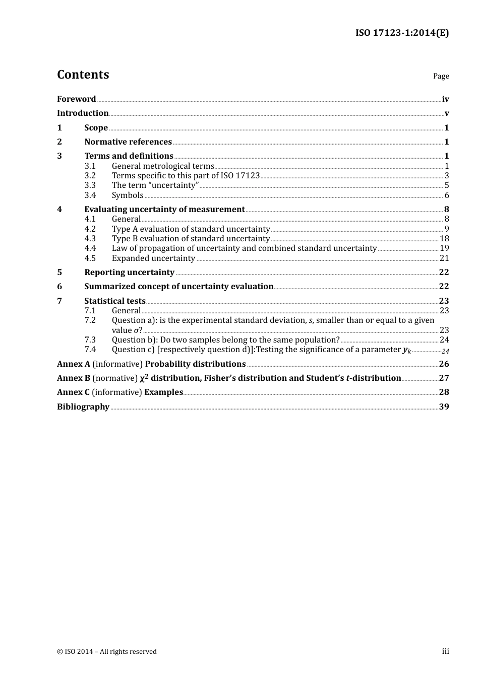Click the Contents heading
[83, 75]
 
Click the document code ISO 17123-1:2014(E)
[402, 33]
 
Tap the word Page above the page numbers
[441, 76]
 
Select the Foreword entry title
[76, 99]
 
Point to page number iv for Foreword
[445, 99]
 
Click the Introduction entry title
[83, 113]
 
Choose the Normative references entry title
[128, 142]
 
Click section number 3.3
[90, 185]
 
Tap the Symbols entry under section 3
[128, 195]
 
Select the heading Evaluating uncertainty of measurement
[164, 210]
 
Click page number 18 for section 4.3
[444, 239]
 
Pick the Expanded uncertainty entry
[153, 258]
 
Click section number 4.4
[90, 248]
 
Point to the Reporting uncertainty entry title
[129, 273]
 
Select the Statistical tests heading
[115, 301]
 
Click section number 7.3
[90, 340]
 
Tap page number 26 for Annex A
[444, 364]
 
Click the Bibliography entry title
[83, 407]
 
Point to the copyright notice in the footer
[107, 652]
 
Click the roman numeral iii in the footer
[445, 651]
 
